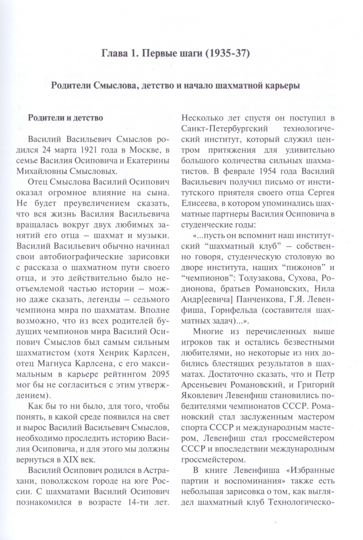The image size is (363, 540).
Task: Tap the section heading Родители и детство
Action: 66,119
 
